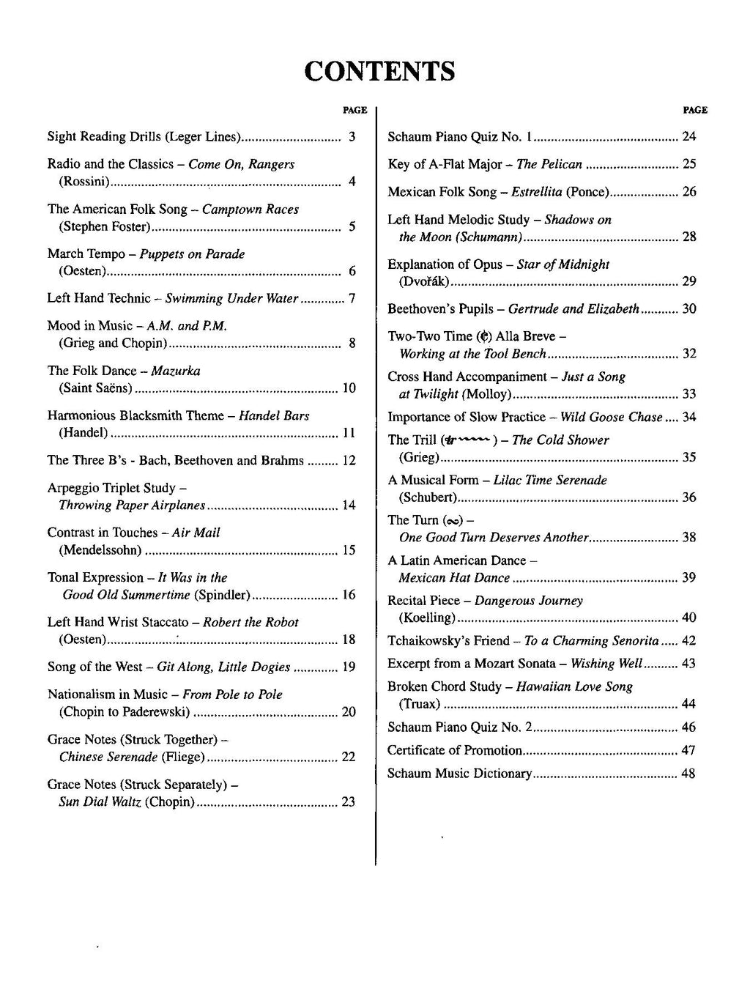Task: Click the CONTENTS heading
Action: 379,72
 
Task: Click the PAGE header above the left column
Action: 354,110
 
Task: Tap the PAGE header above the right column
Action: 695,110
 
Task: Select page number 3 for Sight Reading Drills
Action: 352,136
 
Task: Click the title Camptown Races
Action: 250,210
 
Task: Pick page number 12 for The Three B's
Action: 349,461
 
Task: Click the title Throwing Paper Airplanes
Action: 132,505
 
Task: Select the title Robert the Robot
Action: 250,623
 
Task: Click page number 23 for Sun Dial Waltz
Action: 348,802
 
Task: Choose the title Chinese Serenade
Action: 108,758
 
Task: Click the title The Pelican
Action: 549,165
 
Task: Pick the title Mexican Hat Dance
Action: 454,578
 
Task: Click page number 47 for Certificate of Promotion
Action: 688,751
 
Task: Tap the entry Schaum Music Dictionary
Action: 459,774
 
